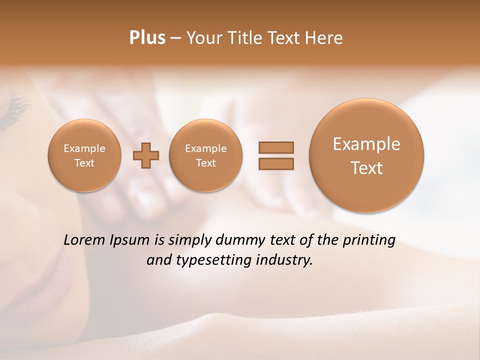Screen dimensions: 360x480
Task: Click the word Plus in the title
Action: pyautogui.click(x=147, y=38)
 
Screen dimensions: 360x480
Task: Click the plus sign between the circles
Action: pyautogui.click(x=146, y=155)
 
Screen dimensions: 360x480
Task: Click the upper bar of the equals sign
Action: pyautogui.click(x=275, y=147)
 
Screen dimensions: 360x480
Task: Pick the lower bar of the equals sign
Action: pyautogui.click(x=275, y=164)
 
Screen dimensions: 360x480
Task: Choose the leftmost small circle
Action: pyautogui.click(x=84, y=155)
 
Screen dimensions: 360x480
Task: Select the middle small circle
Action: pyautogui.click(x=206, y=155)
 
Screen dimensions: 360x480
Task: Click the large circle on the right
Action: pyautogui.click(x=366, y=155)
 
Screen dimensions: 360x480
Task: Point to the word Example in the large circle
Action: pyautogui.click(x=366, y=144)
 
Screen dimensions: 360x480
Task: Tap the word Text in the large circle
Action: pyautogui.click(x=366, y=168)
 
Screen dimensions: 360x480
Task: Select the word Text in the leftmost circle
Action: pyautogui.click(x=84, y=163)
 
